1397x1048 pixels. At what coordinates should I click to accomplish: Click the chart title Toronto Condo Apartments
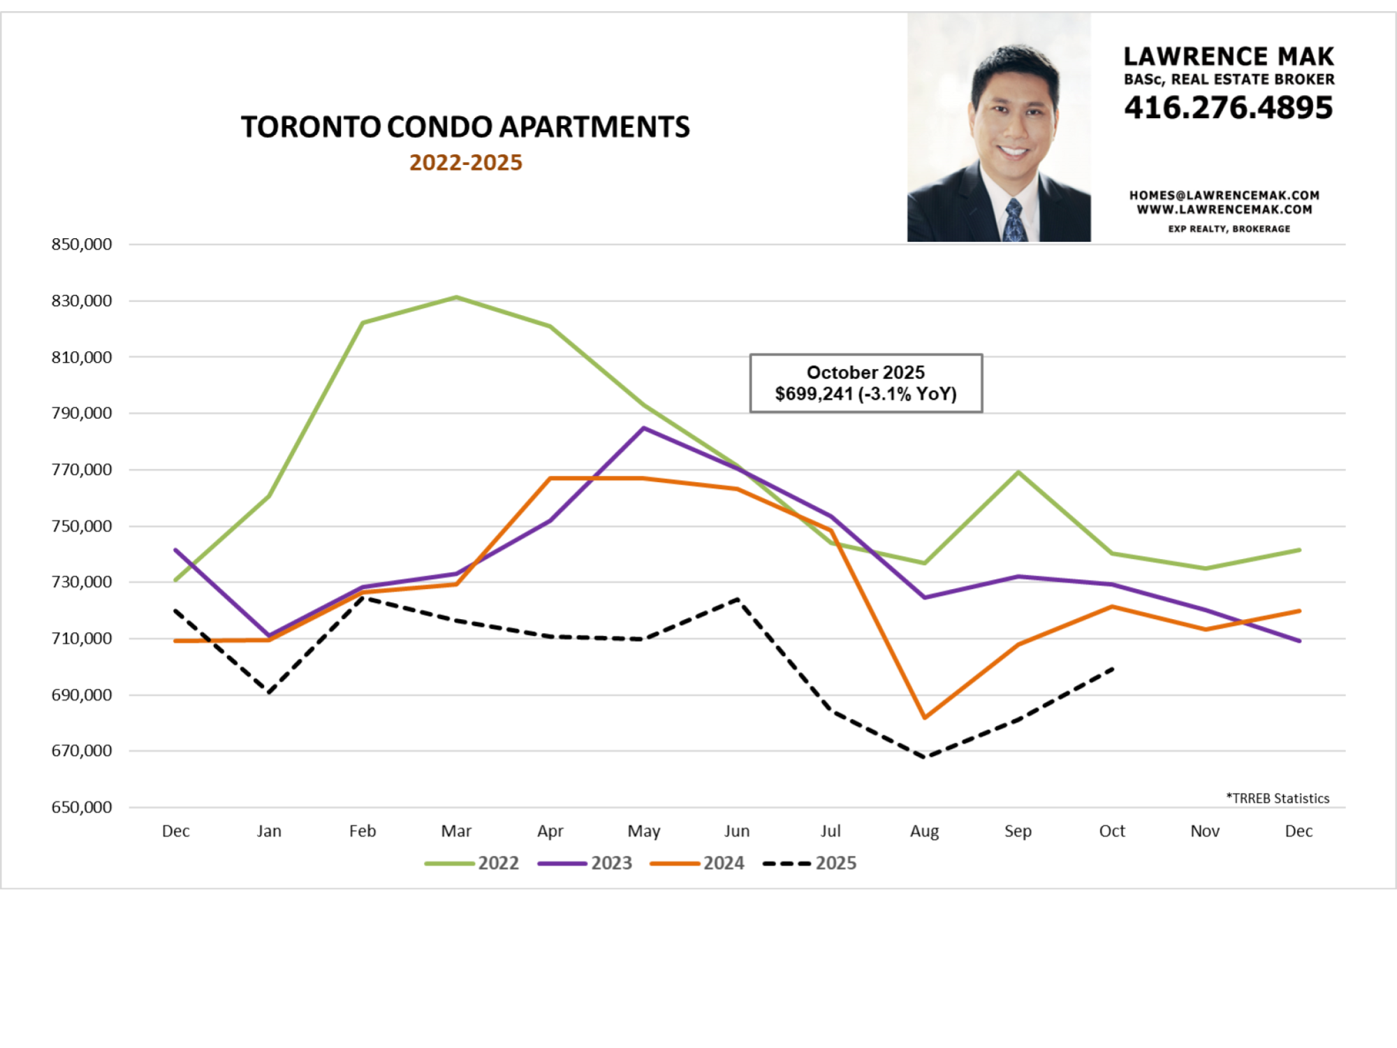pyautogui.click(x=465, y=127)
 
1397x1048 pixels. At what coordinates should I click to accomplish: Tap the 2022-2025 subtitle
pyautogui.click(x=465, y=163)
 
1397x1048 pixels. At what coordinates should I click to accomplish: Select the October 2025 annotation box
pyautogui.click(x=865, y=383)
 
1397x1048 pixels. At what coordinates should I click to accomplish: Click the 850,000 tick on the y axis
pyautogui.click(x=81, y=245)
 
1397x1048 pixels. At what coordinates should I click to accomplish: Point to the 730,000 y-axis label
pyautogui.click(x=81, y=582)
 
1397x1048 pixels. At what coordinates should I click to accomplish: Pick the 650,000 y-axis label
pyautogui.click(x=81, y=807)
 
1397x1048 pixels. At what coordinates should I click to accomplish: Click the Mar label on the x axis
pyautogui.click(x=456, y=831)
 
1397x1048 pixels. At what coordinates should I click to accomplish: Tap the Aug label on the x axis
pyautogui.click(x=924, y=831)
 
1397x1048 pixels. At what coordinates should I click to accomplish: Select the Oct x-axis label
pyautogui.click(x=1112, y=831)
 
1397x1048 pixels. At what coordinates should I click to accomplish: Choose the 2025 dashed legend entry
pyautogui.click(x=810, y=864)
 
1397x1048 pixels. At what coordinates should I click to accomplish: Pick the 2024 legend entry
pyautogui.click(x=698, y=864)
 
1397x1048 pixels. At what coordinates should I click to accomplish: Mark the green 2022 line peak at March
pyautogui.click(x=456, y=298)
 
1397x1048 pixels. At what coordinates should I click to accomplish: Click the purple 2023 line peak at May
pyautogui.click(x=643, y=428)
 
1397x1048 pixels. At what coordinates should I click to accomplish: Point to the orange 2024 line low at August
pyautogui.click(x=925, y=718)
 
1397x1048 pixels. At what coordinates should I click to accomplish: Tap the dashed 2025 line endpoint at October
pyautogui.click(x=1112, y=669)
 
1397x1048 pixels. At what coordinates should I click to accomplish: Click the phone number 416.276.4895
pyautogui.click(x=1229, y=108)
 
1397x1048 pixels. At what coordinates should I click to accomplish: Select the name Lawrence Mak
pyautogui.click(x=1229, y=56)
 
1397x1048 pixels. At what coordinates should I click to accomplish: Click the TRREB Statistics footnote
pyautogui.click(x=1278, y=798)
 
